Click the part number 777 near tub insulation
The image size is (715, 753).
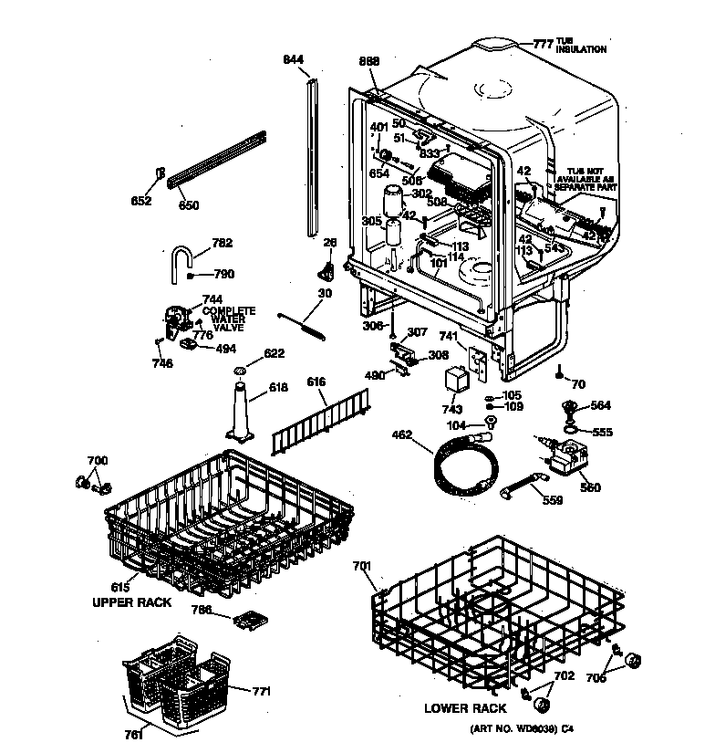[544, 44]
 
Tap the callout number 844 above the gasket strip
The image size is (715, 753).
[293, 60]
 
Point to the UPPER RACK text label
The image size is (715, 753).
[131, 603]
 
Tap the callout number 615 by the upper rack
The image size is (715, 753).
[119, 590]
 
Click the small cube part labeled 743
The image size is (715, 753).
[454, 378]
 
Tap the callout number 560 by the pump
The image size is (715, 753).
[591, 488]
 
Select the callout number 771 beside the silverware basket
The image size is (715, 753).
[261, 692]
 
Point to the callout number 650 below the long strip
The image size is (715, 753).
[188, 205]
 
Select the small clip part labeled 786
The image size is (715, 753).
[247, 621]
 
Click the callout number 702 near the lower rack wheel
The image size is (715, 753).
[565, 675]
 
